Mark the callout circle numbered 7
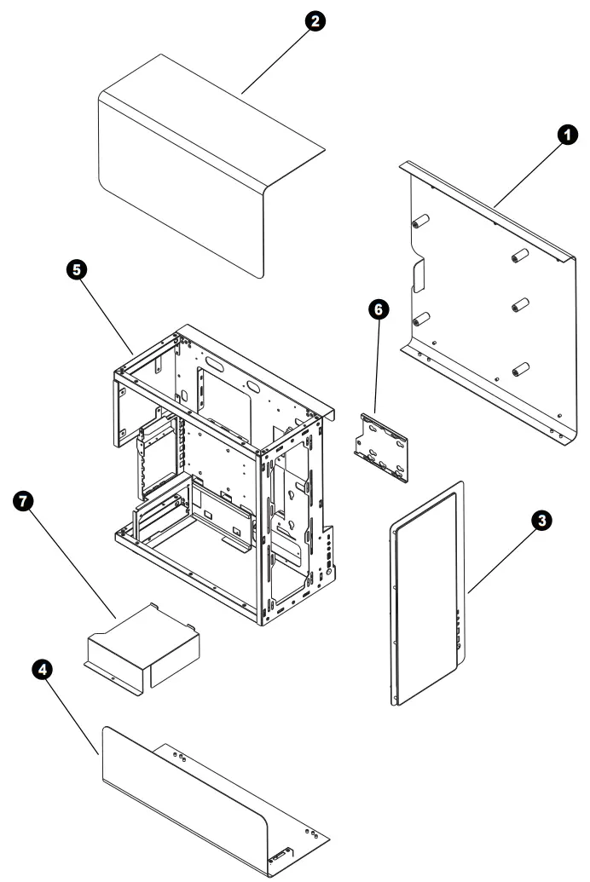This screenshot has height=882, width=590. pyautogui.click(x=27, y=501)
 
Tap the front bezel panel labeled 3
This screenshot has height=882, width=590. pyautogui.click(x=424, y=592)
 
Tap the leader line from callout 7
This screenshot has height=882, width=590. pyautogui.click(x=72, y=556)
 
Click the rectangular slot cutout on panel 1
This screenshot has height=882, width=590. pyautogui.click(x=419, y=275)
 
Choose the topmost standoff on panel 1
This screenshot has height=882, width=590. pyautogui.click(x=419, y=222)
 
